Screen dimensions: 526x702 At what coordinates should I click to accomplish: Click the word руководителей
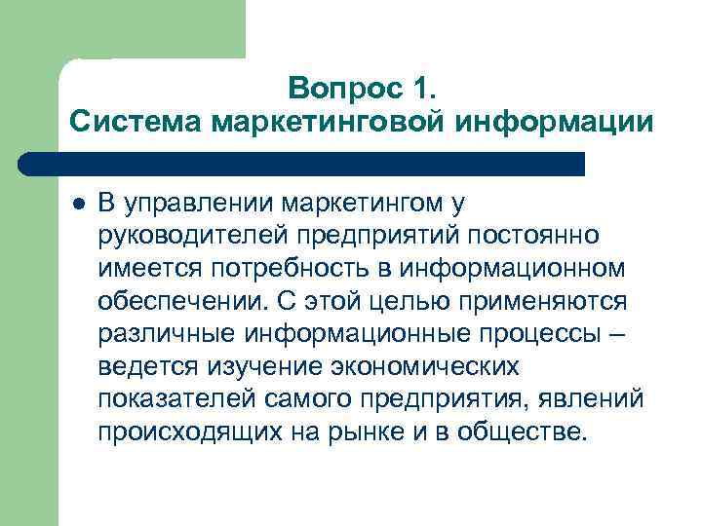tap(185, 237)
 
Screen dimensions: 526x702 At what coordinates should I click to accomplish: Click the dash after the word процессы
tap(616, 334)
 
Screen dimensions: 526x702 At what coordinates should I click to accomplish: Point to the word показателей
tap(174, 399)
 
